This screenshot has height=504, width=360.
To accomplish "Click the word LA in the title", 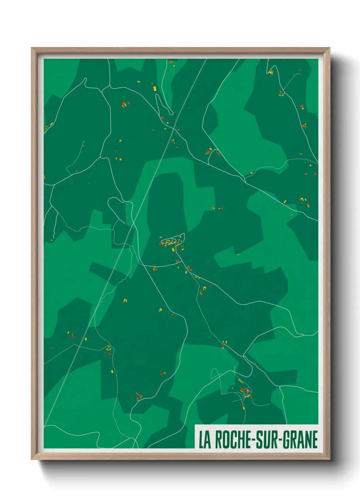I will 205,440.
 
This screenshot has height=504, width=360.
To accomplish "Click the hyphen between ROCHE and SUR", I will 252,440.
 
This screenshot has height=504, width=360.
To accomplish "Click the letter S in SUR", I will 259,440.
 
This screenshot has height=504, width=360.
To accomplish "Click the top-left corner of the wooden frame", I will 32,48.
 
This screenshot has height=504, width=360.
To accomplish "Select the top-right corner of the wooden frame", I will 329,48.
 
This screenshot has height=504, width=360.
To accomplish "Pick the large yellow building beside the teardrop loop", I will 155,89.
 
